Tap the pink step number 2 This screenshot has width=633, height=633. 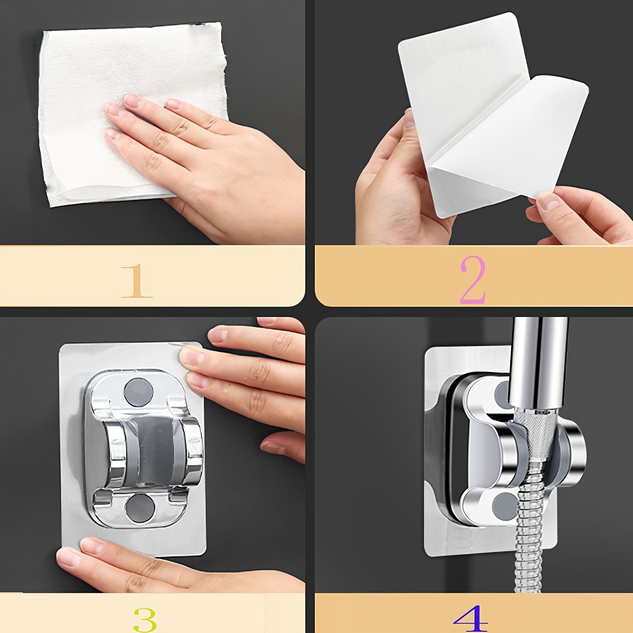pos(473,280)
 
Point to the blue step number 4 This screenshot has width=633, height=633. pos(471,619)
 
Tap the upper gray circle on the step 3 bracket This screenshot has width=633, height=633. pos(139,392)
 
